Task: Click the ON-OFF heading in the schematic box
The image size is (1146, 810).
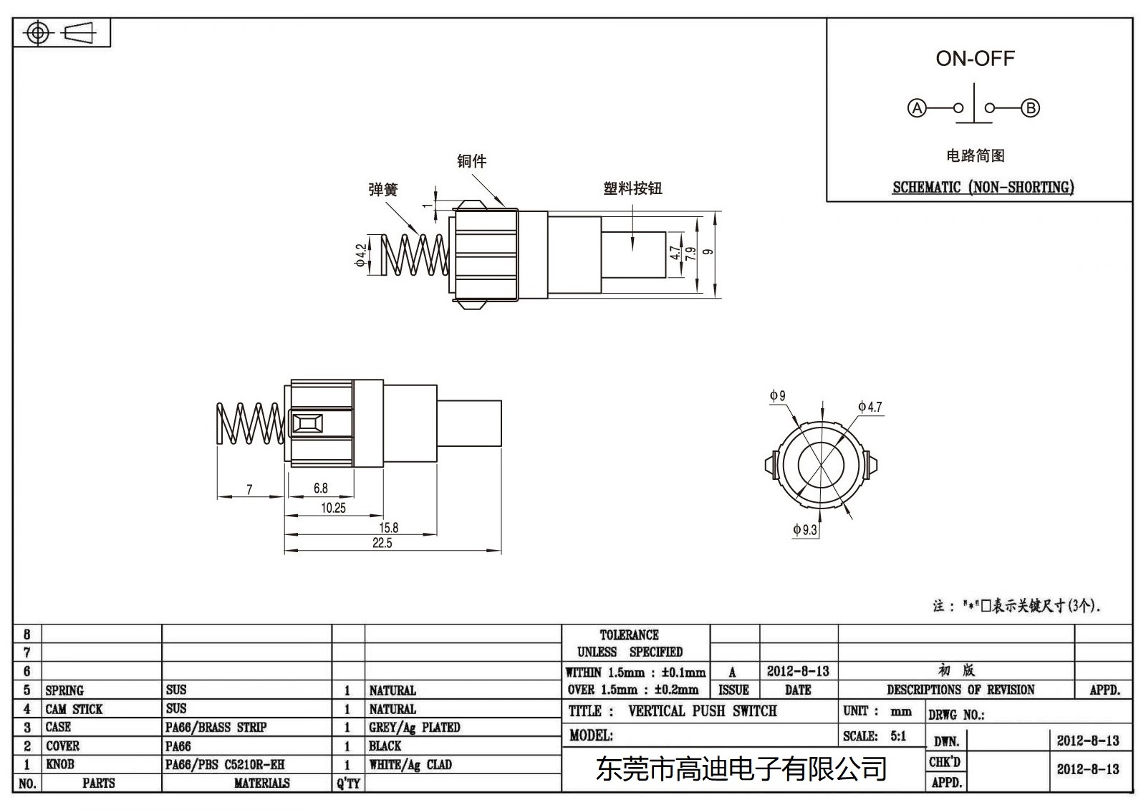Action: [x=975, y=59]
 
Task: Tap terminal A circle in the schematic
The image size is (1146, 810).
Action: [x=917, y=108]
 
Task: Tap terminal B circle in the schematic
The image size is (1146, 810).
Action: [x=1030, y=108]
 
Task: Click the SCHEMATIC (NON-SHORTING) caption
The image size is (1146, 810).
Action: [x=983, y=188]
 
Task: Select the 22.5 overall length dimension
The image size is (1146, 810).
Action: [x=382, y=544]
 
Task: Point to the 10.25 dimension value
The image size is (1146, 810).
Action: [x=333, y=508]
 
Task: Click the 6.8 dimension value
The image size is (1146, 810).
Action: [x=320, y=488]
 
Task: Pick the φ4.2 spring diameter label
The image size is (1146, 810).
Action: [x=360, y=254]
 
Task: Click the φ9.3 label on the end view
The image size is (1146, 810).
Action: [x=804, y=530]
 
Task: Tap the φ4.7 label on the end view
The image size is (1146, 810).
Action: [x=870, y=407]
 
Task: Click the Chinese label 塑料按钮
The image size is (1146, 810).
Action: [x=632, y=188]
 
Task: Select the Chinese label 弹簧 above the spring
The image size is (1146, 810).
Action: [x=382, y=190]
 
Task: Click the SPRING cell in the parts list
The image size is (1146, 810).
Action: [x=64, y=690]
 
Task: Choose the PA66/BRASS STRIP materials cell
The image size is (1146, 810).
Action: [x=216, y=728]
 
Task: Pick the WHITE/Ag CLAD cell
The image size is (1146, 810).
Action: [x=410, y=765]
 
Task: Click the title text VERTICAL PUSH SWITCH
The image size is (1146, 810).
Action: [x=702, y=711]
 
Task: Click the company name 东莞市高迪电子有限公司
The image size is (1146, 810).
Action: [x=741, y=770]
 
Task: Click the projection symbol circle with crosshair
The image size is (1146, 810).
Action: [x=38, y=33]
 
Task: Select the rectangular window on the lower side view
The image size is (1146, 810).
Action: [x=307, y=423]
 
